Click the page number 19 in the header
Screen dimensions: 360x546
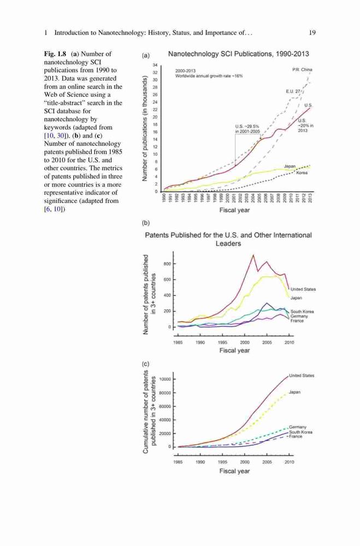pyautogui.click(x=312, y=33)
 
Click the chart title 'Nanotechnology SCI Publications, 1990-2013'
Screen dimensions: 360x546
pyautogui.click(x=238, y=54)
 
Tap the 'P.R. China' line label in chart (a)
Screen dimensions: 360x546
pyautogui.click(x=302, y=70)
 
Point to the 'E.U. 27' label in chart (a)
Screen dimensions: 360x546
pyautogui.click(x=293, y=91)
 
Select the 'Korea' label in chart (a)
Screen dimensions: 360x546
pyautogui.click(x=302, y=173)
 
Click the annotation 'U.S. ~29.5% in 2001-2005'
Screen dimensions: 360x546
pyautogui.click(x=247, y=129)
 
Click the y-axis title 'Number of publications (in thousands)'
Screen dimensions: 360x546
pyautogui.click(x=144, y=128)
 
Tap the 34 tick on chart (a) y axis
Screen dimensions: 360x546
pyautogui.click(x=156, y=65)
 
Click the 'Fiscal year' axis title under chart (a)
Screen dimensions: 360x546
pyautogui.click(x=234, y=210)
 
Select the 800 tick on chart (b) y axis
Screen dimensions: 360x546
pyautogui.click(x=167, y=264)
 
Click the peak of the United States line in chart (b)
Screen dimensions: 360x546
pyautogui.click(x=253, y=255)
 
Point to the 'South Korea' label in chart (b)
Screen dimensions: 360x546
pyautogui.click(x=302, y=312)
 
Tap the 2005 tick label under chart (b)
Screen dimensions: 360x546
pyautogui.click(x=267, y=343)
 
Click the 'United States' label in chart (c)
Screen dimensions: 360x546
pyautogui.click(x=302, y=376)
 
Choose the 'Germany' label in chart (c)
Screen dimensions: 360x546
pyautogui.click(x=298, y=427)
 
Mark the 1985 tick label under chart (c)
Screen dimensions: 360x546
pyautogui.click(x=178, y=462)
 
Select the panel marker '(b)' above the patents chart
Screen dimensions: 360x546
pyautogui.click(x=146, y=223)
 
